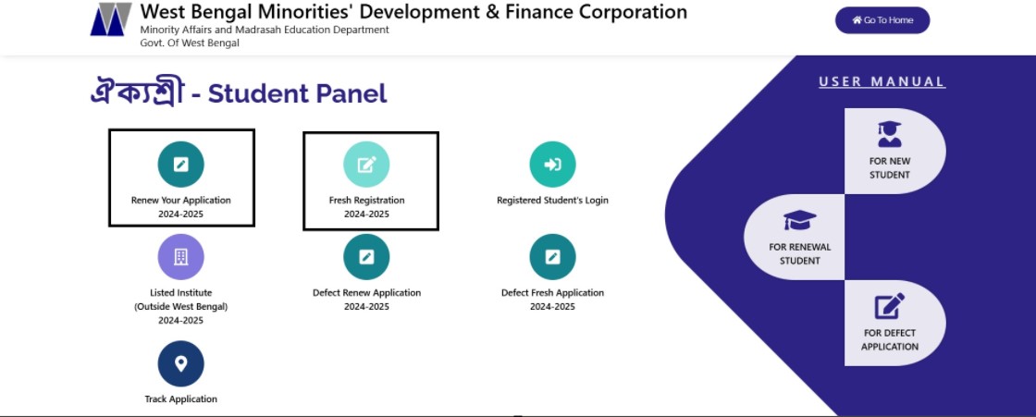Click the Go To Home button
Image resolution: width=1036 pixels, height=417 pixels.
coord(882,20)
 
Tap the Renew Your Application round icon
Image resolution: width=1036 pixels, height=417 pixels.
coord(181,164)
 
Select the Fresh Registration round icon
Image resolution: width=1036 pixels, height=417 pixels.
coord(366,164)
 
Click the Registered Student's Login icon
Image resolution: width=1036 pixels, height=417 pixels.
coord(552,164)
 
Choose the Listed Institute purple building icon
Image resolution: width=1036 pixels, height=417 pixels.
coord(181,257)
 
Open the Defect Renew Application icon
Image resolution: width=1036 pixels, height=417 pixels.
coord(366,257)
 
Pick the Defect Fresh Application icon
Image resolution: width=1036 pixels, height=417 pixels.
coord(552,257)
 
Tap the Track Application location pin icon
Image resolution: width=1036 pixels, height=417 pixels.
coord(181,363)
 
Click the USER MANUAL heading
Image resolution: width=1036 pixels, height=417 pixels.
coord(882,82)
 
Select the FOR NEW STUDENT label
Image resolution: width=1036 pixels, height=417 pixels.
coord(889,168)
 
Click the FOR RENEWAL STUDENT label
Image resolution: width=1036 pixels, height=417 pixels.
coord(799,253)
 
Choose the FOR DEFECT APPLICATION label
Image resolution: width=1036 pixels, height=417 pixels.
coord(889,339)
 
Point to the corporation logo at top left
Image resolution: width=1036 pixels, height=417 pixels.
coord(111,19)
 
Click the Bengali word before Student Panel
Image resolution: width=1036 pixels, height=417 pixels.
coord(137,93)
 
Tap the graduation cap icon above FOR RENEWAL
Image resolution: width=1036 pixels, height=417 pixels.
coord(799,221)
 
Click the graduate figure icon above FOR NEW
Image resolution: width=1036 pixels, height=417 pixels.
coord(889,134)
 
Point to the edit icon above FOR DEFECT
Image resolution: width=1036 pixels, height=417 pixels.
coord(889,306)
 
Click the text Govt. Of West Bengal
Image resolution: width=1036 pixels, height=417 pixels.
coord(190,43)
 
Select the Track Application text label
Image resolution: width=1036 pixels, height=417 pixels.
coord(181,399)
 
